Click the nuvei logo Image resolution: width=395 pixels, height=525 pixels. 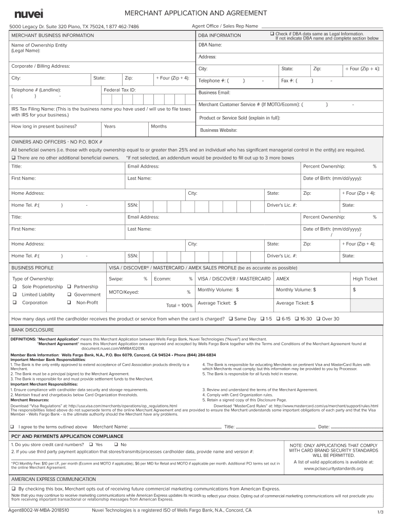(29, 13)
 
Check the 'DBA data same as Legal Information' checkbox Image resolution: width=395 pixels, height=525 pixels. (272, 34)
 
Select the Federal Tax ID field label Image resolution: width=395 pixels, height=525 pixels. (120, 90)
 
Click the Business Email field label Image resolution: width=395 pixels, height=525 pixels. (214, 93)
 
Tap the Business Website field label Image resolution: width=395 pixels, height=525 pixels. (219, 130)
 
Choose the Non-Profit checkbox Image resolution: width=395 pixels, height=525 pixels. (69, 302)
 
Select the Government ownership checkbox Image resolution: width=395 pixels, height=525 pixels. (69, 295)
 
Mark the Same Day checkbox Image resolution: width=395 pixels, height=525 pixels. (230, 319)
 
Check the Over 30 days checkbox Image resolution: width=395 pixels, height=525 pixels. (318, 319)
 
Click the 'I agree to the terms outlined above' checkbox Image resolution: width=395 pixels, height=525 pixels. (12, 427)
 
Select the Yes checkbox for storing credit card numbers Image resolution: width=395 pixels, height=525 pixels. (90, 445)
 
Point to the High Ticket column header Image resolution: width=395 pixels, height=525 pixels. (364, 279)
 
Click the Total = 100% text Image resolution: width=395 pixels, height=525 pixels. (180, 306)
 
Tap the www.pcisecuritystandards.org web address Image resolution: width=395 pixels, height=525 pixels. (333, 469)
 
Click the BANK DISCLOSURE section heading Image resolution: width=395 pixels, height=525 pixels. (32, 330)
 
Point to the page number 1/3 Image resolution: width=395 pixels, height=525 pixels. (380, 513)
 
